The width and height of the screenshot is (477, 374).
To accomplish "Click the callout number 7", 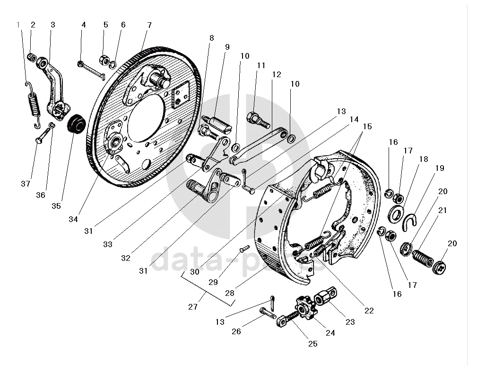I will pos(149,25).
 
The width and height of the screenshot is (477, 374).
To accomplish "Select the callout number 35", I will pos(56,206).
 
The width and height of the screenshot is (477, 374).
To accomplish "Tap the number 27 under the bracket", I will pos(192,307).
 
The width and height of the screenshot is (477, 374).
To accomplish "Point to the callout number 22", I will pos(369,311).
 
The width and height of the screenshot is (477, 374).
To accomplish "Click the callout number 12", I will pos(277,74).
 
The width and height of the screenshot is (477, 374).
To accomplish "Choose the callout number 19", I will pos(440,168).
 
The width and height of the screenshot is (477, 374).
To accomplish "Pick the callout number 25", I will pos(312,344).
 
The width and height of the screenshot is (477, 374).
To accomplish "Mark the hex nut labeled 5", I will pos(104,60).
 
